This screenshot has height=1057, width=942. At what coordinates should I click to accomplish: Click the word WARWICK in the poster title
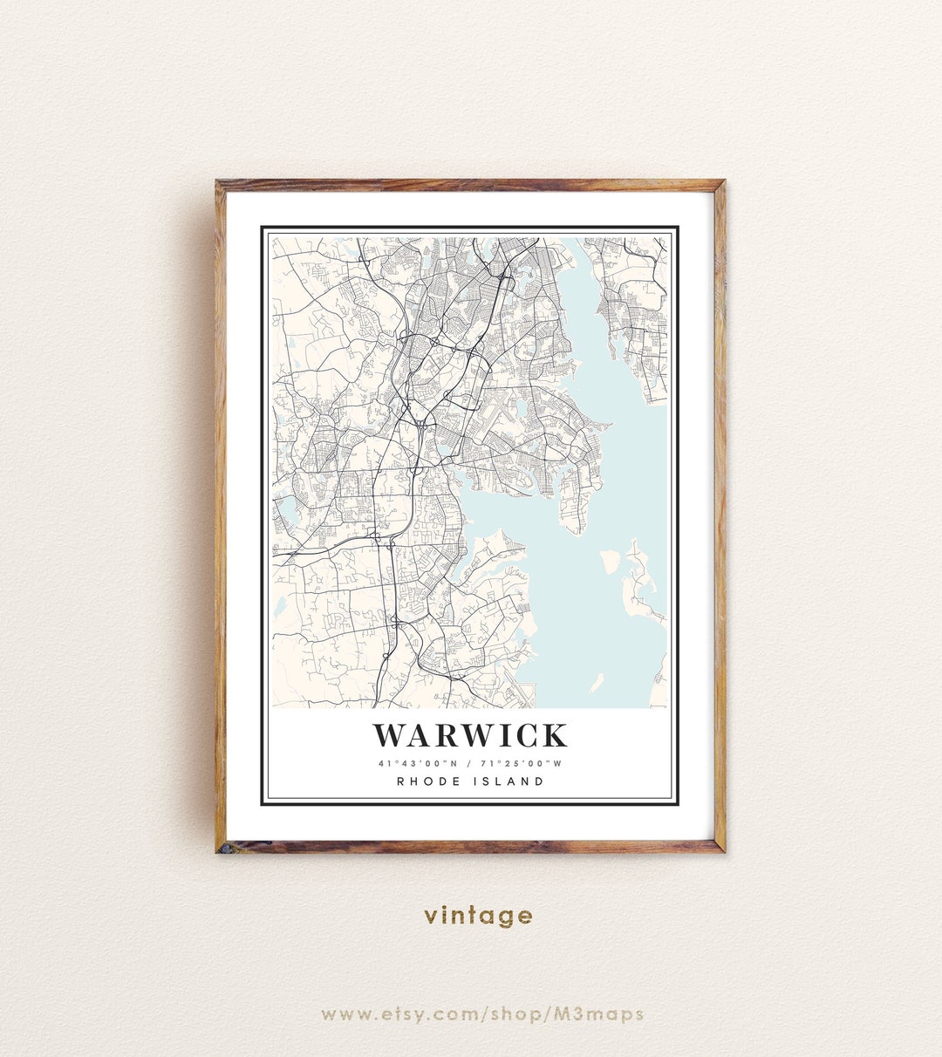tap(470, 736)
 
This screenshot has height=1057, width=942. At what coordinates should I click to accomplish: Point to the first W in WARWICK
tap(391, 736)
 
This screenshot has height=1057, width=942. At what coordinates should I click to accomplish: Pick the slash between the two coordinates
tap(469, 764)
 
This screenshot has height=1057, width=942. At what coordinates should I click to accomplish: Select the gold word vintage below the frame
tap(478, 916)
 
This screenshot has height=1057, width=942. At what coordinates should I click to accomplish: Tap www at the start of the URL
tap(344, 1013)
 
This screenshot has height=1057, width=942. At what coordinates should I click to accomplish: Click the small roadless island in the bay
tap(611, 561)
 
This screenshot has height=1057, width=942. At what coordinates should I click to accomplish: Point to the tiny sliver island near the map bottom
tap(596, 683)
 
